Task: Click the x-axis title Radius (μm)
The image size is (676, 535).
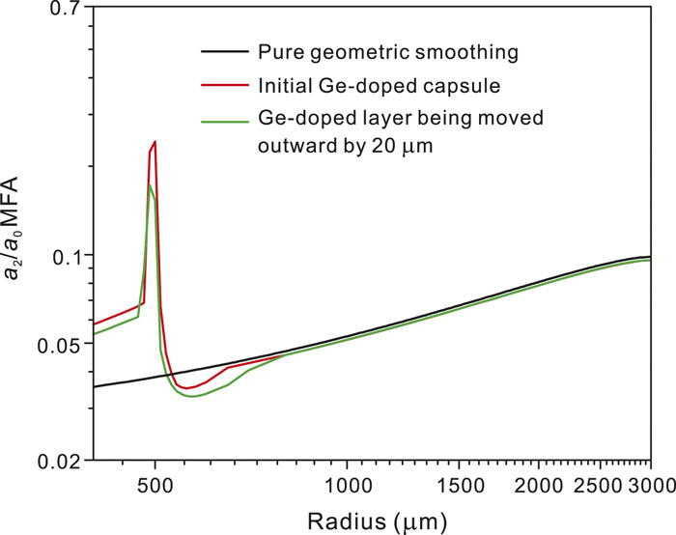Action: pyautogui.click(x=372, y=519)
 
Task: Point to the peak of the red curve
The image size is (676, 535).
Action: pyautogui.click(x=154, y=141)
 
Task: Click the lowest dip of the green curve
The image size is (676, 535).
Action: pyautogui.click(x=193, y=397)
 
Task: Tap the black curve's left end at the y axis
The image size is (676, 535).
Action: pyautogui.click(x=95, y=386)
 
